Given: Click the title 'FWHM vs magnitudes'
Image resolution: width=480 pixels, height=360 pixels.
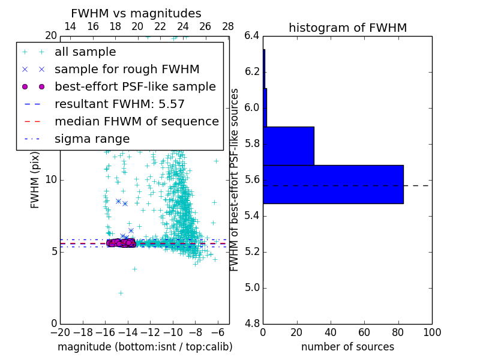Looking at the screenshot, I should click(x=136, y=14).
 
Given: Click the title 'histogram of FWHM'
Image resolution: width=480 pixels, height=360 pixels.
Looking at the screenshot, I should click(x=347, y=28).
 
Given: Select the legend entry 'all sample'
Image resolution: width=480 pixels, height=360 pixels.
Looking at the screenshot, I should click(x=85, y=52).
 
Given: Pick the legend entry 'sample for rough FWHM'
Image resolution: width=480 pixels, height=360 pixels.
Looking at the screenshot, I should click(x=127, y=70).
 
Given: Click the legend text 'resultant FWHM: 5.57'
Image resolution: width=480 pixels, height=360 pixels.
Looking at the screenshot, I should click(x=119, y=104).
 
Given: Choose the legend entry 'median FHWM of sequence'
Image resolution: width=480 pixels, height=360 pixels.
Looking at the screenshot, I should click(x=136, y=122).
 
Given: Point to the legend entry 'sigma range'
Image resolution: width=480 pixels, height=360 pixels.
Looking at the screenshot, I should click(x=92, y=139).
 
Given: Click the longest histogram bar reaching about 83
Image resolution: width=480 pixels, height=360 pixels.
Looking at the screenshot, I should click(x=333, y=184).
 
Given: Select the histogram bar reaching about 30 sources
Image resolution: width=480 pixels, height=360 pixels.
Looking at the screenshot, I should click(x=289, y=146).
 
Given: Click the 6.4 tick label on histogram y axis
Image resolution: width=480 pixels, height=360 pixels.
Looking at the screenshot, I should click(x=251, y=36).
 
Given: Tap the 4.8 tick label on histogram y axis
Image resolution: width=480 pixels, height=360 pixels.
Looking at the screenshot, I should click(x=251, y=323).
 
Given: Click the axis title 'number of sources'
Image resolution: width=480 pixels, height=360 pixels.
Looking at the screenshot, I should click(x=347, y=347).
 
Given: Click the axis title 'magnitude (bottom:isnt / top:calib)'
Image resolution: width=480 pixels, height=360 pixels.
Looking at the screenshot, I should click(x=145, y=347).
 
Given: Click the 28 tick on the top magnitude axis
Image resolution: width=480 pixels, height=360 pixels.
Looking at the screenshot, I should click(x=228, y=26).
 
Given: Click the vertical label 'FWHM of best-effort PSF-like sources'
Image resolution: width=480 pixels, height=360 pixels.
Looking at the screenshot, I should click(x=235, y=179).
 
